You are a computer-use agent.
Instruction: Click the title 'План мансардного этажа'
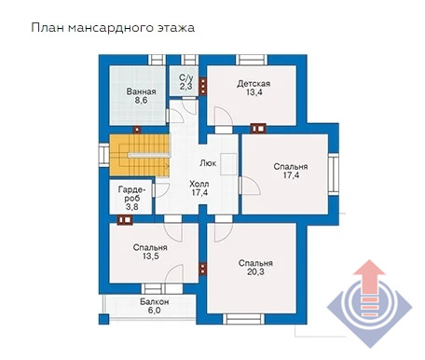click(x=113, y=28)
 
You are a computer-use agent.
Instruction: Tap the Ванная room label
click(x=141, y=91)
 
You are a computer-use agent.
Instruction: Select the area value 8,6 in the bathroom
click(x=141, y=101)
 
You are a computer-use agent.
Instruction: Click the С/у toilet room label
click(x=185, y=77)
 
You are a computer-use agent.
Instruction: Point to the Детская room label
click(x=254, y=84)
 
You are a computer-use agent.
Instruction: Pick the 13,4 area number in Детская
click(x=254, y=92)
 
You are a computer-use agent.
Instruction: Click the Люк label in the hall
click(x=208, y=163)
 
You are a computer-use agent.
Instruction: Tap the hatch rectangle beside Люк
click(x=228, y=164)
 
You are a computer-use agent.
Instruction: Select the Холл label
click(x=199, y=184)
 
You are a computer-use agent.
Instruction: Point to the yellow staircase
click(x=139, y=155)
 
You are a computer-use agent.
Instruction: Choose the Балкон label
click(x=154, y=301)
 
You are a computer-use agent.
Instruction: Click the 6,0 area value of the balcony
click(x=154, y=311)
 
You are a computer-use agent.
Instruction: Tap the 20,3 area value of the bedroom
click(x=255, y=272)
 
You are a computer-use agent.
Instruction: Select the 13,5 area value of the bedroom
click(x=151, y=256)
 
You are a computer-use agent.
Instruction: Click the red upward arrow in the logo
click(x=369, y=287)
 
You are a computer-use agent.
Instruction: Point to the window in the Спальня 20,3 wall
click(x=243, y=319)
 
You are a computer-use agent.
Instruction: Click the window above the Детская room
click(x=252, y=60)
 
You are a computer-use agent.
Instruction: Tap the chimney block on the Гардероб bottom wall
click(x=125, y=220)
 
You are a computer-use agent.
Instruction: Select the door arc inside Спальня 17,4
click(x=252, y=186)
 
